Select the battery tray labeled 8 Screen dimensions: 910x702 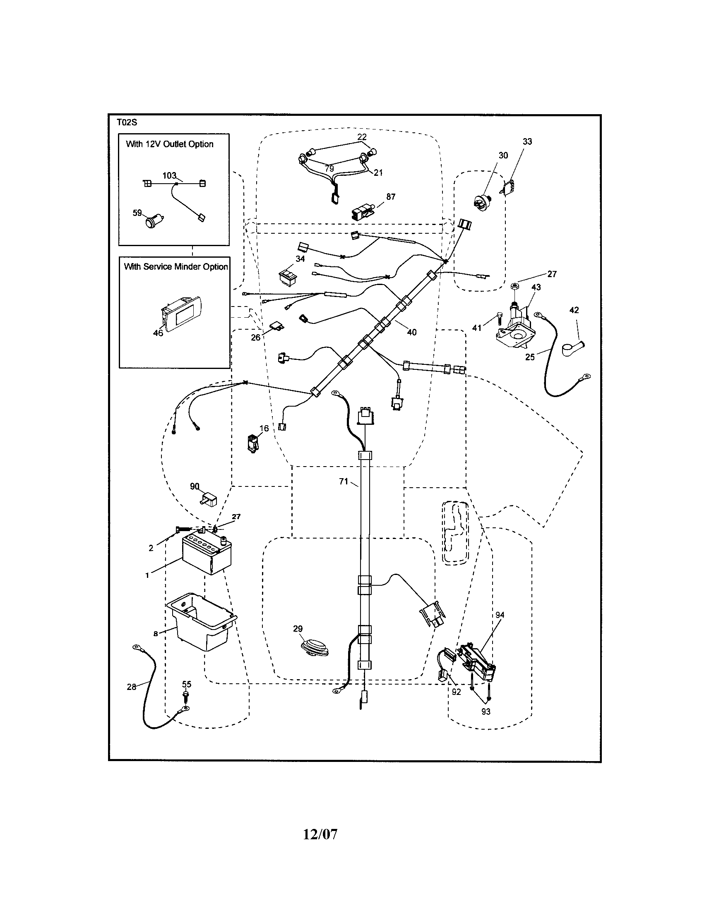click(202, 627)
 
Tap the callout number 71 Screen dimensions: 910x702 click(343, 481)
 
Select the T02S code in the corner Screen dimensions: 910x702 click(127, 122)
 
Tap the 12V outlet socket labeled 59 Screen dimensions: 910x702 click(153, 220)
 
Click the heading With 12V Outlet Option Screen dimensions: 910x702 click(170, 144)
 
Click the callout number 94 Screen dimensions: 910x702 click(500, 615)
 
